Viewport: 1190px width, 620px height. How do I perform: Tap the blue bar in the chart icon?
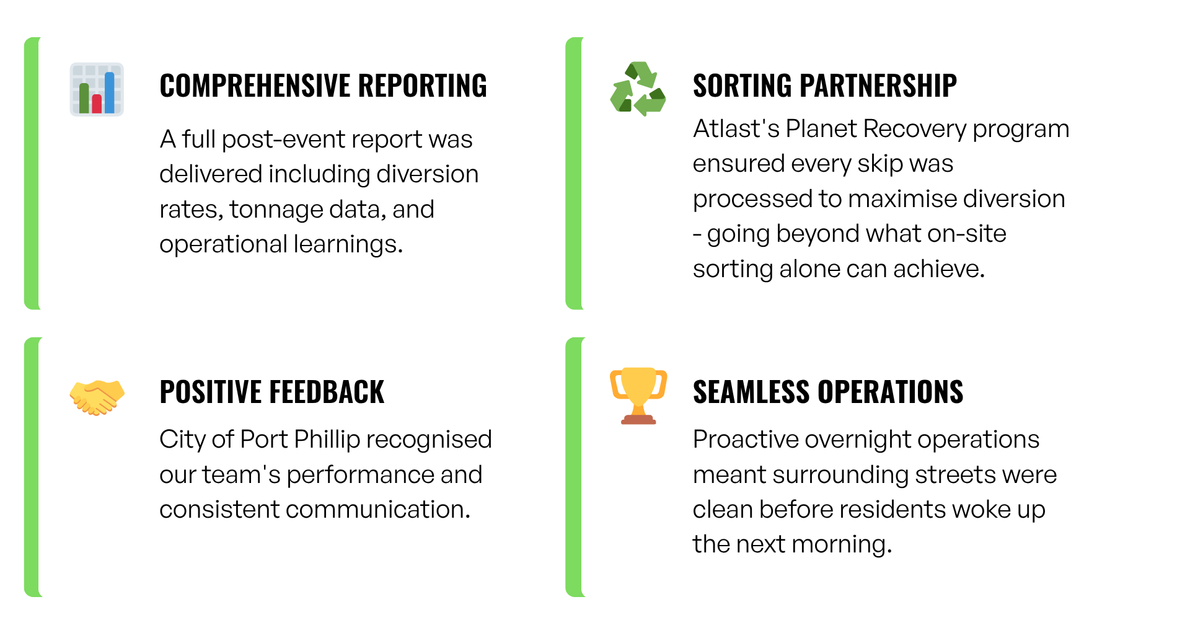click(x=110, y=93)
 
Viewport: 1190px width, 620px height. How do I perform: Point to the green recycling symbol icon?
click(x=638, y=89)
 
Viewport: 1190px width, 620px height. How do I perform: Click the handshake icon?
click(x=97, y=397)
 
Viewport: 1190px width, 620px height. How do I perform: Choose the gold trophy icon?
click(x=638, y=395)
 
